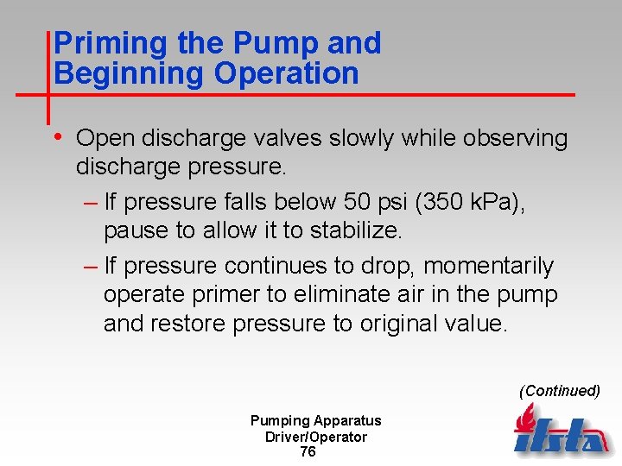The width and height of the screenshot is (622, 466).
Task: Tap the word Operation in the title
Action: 287,74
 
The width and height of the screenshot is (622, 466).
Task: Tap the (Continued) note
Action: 559,391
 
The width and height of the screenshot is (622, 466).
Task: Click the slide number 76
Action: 308,452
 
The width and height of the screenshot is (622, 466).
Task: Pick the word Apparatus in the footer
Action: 347,421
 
